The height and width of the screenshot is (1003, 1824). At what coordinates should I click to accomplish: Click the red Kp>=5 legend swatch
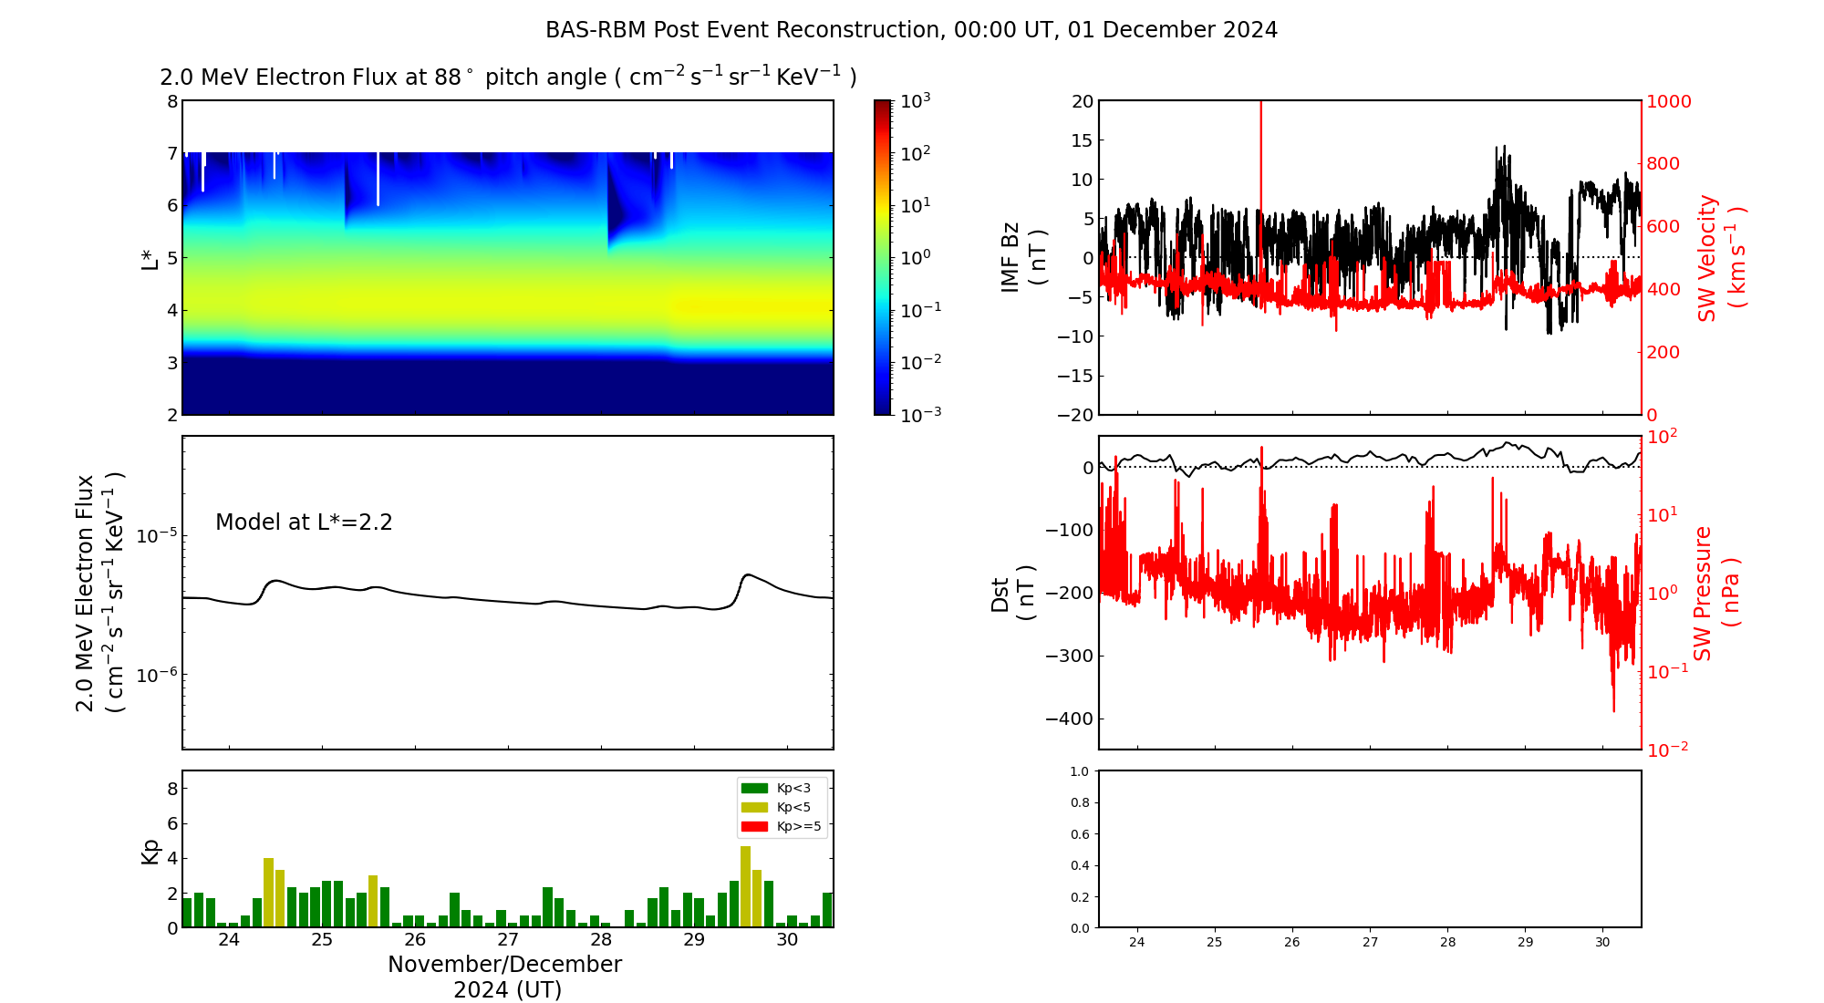tap(754, 827)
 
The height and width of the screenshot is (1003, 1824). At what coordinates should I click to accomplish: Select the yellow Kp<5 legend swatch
tap(754, 807)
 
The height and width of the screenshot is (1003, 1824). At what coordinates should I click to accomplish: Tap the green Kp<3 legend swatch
tap(754, 788)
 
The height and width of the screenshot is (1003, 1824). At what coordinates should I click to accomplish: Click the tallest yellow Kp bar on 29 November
tap(745, 886)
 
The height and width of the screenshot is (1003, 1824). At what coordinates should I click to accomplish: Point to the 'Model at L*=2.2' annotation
tap(304, 522)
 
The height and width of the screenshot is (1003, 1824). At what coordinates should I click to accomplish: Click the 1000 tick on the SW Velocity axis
tap(1668, 101)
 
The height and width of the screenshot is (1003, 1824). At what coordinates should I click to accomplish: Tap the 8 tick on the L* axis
tap(171, 101)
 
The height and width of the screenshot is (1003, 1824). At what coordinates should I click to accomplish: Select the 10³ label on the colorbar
tap(915, 100)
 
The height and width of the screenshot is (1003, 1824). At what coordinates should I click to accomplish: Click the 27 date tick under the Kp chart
tap(508, 940)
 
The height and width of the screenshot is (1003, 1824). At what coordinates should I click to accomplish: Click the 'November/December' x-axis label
tap(504, 965)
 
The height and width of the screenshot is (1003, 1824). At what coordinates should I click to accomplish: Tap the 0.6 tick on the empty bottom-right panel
tap(1079, 834)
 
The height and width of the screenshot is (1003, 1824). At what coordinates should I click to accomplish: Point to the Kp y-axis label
tap(150, 851)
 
